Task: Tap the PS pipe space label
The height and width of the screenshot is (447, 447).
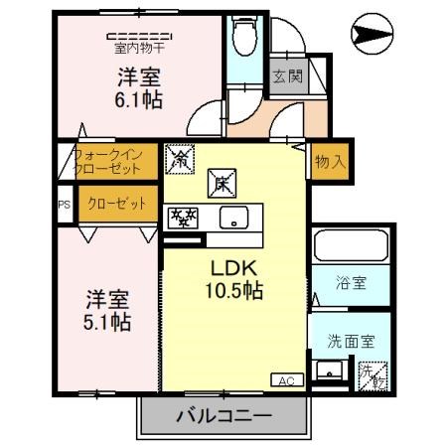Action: (x=65, y=206)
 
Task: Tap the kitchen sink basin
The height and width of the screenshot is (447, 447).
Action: (x=236, y=219)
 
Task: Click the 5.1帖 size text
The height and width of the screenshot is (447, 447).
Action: (x=107, y=322)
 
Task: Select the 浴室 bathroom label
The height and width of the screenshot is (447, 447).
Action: (x=350, y=283)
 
